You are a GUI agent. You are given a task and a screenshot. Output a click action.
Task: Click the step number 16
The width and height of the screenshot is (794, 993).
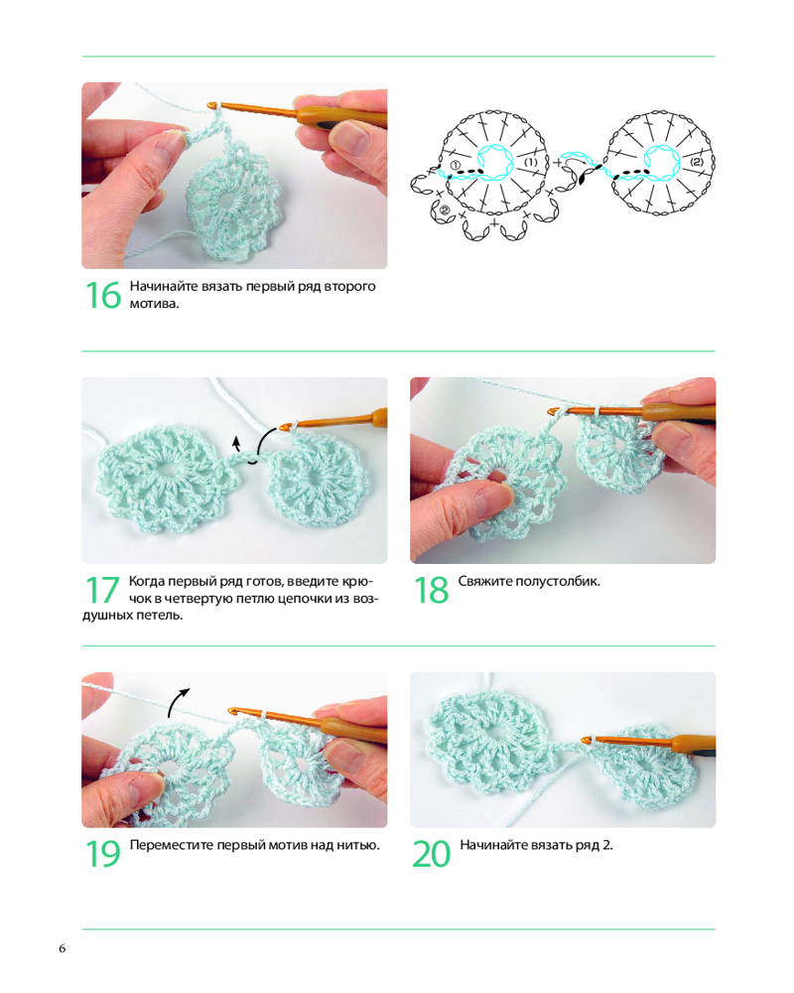[102, 295]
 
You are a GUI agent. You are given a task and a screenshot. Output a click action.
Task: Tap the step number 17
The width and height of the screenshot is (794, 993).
[102, 590]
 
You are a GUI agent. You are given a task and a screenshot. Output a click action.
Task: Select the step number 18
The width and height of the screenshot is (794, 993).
[431, 590]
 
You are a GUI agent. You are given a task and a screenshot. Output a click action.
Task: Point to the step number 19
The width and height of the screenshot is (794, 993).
[102, 854]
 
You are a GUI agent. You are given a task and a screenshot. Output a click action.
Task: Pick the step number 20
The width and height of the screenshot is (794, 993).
[431, 854]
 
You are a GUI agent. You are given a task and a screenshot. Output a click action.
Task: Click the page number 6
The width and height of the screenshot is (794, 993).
[63, 948]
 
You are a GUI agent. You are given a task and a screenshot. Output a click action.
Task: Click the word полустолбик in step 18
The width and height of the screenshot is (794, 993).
[557, 581]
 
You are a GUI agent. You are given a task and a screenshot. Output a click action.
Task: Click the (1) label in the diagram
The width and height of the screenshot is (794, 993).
[531, 162]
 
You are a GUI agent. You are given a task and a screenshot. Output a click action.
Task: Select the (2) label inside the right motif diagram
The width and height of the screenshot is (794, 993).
[696, 162]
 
